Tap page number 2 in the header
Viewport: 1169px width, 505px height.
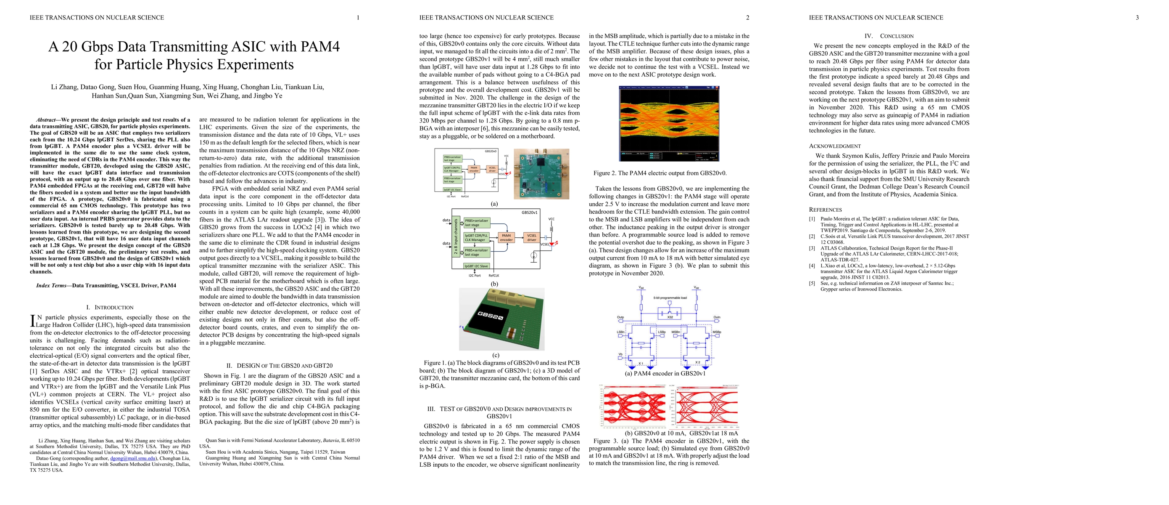pyautogui.click(x=747, y=18)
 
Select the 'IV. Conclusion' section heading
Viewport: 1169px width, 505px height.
pyautogui.click(x=889, y=36)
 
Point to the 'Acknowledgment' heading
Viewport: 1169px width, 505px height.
pyautogui.click(x=834, y=146)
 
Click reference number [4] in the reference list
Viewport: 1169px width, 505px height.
pyautogui.click(x=812, y=266)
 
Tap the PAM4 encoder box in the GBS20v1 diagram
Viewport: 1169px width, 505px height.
pyautogui.click(x=506, y=237)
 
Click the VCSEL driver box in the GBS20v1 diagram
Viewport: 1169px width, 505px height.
pyautogui.click(x=531, y=237)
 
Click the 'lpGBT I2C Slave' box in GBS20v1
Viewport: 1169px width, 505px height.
pyautogui.click(x=476, y=266)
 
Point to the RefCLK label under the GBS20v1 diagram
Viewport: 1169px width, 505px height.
pyautogui.click(x=494, y=276)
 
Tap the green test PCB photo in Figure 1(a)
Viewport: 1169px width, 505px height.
pyautogui.click(x=541, y=174)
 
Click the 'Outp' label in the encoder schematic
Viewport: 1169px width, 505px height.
pyautogui.click(x=620, y=317)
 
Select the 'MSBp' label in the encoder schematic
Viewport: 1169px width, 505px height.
pyautogui.click(x=717, y=332)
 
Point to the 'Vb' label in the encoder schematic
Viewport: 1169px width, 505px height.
pyautogui.click(x=620, y=354)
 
